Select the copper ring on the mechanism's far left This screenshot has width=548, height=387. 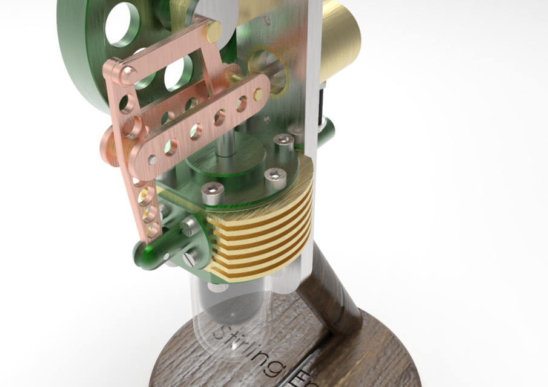[x=110, y=140]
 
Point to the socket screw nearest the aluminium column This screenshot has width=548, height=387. [x=283, y=141]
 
